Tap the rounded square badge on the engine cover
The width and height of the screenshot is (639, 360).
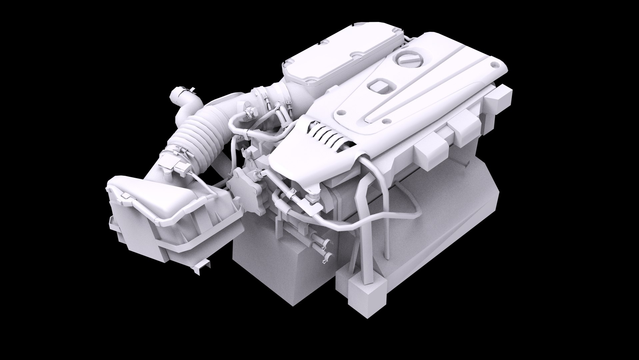[x=381, y=86]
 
